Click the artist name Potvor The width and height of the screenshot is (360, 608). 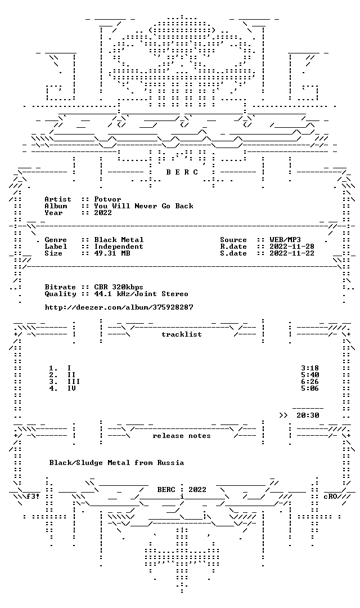[x=108, y=199]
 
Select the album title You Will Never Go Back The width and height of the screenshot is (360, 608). [x=144, y=206]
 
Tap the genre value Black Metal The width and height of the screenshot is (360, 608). [x=119, y=240]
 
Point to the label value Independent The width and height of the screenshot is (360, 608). [x=119, y=247]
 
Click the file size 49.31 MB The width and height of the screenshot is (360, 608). [x=112, y=253]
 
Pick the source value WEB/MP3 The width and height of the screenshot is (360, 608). [x=285, y=240]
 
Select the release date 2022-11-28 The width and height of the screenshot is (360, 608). [x=292, y=247]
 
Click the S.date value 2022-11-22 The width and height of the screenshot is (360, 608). [x=292, y=253]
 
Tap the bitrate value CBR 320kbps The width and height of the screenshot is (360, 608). [x=119, y=287]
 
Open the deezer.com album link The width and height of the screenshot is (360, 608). [x=119, y=307]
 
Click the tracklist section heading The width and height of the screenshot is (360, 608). [x=182, y=334]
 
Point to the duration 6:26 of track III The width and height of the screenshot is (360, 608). [x=310, y=382]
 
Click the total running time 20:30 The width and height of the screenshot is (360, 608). [x=308, y=415]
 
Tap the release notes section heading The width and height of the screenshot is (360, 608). [x=182, y=436]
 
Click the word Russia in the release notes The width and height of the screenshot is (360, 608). [x=170, y=463]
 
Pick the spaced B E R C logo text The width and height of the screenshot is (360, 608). [x=182, y=172]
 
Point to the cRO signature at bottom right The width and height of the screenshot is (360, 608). [x=330, y=497]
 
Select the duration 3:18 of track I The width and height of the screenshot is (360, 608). [x=310, y=368]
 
